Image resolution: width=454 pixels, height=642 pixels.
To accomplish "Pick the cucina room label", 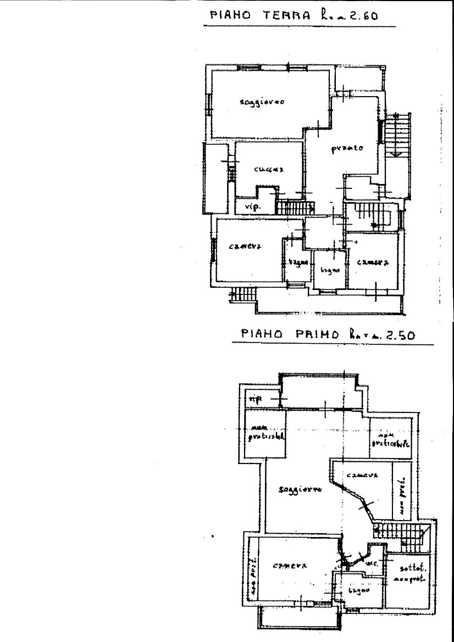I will [x=269, y=170].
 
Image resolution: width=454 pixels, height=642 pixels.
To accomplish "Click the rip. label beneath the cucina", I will [x=252, y=207].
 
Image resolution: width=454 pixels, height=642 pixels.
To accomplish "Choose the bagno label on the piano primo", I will [x=358, y=591].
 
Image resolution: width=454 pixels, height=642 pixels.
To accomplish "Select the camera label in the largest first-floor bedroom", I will [x=289, y=566].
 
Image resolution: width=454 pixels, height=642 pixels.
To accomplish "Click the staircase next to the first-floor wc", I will [x=398, y=532].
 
